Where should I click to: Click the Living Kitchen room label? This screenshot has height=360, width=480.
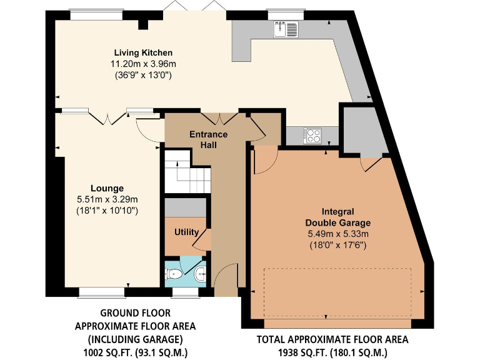tap(143, 52)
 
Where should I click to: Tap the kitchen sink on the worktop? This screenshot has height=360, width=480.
tap(286, 29)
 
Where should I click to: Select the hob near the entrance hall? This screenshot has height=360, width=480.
tap(312, 134)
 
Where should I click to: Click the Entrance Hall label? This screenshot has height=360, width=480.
tap(208, 139)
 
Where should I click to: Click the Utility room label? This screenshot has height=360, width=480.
tap(186, 232)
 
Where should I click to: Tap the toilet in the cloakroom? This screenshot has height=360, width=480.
tap(174, 274)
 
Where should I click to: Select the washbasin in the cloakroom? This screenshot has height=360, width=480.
tap(200, 273)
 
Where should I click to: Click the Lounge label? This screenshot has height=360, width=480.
tap(107, 188)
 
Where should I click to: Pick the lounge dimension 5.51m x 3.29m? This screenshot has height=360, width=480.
tap(107, 199)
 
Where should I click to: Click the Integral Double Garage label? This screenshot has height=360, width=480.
tap(337, 217)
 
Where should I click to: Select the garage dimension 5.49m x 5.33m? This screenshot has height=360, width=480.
tap(337, 234)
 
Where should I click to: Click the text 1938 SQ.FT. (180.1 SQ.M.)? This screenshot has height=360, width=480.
tap(332, 352)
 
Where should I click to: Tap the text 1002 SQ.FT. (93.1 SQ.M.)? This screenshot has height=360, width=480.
tap(135, 352)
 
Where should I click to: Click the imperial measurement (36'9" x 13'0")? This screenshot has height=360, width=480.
tap(143, 75)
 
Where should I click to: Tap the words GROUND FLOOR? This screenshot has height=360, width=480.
tap(135, 312)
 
